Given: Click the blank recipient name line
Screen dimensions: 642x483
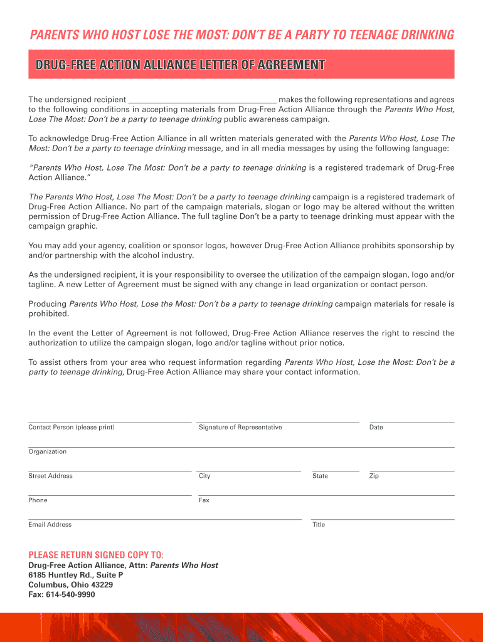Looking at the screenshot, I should tap(202, 100).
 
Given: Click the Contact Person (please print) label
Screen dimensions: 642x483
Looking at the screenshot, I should tap(72, 428).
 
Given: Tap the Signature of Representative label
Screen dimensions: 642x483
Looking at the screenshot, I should tap(240, 428).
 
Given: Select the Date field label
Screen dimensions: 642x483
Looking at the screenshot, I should tap(376, 428).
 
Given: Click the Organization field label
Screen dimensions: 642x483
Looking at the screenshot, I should tap(47, 451).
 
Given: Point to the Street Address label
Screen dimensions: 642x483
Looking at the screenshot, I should tap(50, 476).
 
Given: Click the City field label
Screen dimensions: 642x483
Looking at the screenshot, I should tap(204, 476).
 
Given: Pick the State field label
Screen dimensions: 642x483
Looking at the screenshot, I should tap(320, 476).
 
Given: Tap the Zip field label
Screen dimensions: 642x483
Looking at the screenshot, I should tap(374, 476).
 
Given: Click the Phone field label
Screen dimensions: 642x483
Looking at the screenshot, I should tap(38, 500).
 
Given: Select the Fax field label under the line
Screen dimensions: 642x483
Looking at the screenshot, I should tap(204, 500).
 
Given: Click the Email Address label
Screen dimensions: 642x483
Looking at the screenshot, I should tap(50, 525).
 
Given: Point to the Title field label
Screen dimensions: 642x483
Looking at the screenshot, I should tap(319, 525).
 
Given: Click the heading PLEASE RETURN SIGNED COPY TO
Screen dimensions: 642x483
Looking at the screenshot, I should tap(96, 555).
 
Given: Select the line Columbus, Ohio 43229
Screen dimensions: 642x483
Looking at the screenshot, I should tap(70, 585).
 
